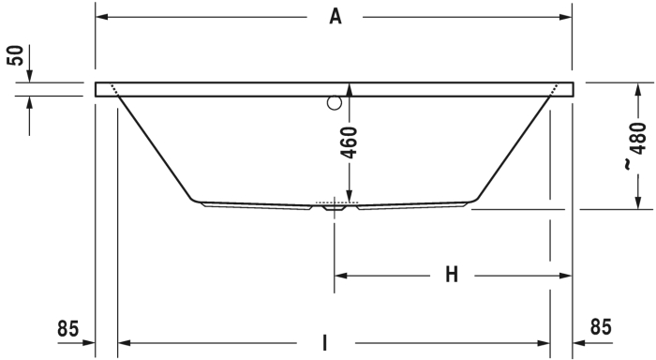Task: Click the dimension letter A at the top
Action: (335, 17)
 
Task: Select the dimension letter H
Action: (452, 275)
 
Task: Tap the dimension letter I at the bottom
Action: (325, 342)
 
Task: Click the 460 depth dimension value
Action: (350, 143)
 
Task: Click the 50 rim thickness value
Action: (16, 55)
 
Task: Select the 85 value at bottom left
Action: (67, 329)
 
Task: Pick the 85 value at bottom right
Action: (601, 327)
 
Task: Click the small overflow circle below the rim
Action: (335, 102)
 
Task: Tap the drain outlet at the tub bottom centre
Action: (335, 207)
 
